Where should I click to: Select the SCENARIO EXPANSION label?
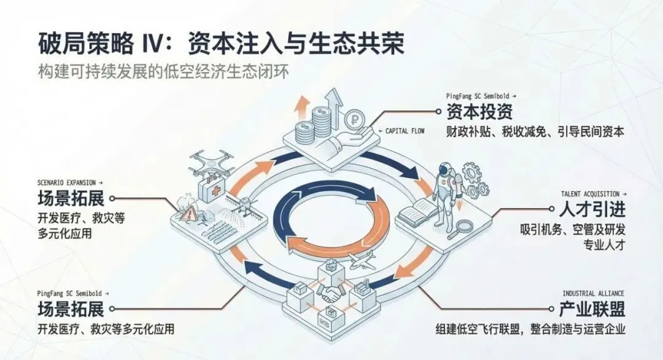(68, 182)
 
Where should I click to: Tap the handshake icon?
(333, 294)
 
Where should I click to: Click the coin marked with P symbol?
(354, 117)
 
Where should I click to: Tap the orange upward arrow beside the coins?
(301, 108)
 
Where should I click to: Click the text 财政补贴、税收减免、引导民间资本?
(535, 131)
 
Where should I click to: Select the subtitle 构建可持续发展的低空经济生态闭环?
(162, 70)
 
